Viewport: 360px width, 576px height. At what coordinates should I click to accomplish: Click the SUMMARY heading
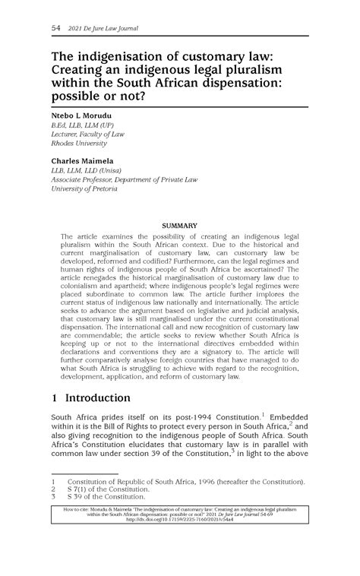[x=180, y=226]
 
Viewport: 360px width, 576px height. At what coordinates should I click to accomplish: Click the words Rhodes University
[x=78, y=143]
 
